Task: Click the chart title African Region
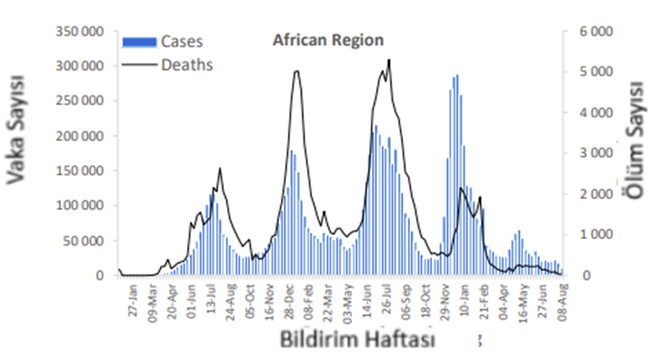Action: (327, 41)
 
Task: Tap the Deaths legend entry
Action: (187, 64)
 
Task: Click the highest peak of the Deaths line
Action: (389, 60)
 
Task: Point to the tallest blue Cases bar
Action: (457, 75)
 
